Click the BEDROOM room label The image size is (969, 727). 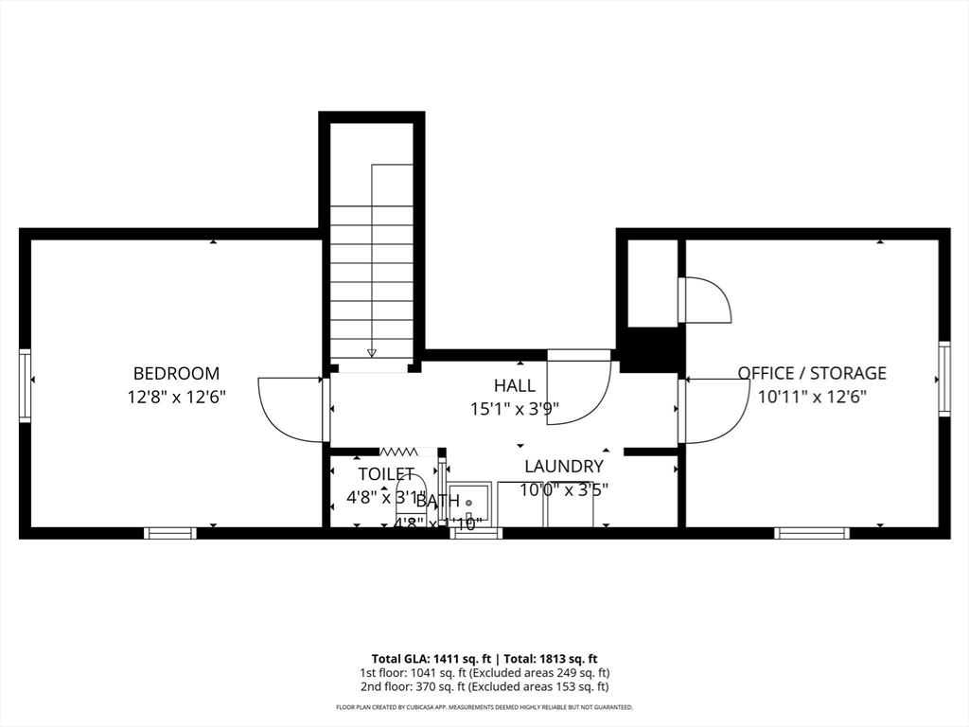tap(176, 374)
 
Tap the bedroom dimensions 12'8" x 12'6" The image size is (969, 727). tap(177, 398)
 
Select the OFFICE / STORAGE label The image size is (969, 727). tap(812, 374)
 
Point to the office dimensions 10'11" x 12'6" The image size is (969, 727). tap(812, 398)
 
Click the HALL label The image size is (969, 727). tap(514, 385)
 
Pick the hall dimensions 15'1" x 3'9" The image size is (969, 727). tap(515, 410)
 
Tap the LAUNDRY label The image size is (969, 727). tap(564, 466)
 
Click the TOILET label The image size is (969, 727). tap(386, 473)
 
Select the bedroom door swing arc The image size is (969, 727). tap(289, 410)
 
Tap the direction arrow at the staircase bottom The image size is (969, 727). tap(372, 353)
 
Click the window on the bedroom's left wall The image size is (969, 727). tap(26, 385)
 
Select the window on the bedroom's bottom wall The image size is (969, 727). tap(170, 533)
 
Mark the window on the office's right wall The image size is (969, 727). tap(943, 379)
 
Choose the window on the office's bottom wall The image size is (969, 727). tap(812, 533)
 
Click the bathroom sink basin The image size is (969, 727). tap(468, 502)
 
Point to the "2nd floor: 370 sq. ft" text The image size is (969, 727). tap(409, 687)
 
